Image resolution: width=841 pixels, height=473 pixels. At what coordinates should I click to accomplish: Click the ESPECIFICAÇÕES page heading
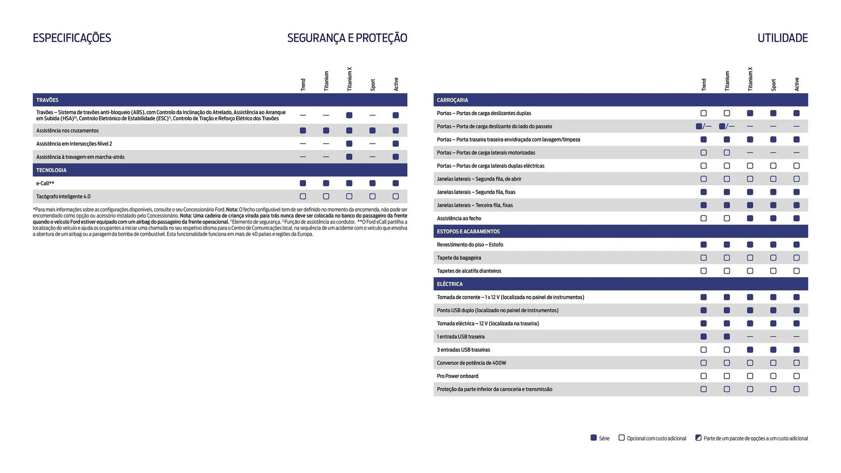(72, 38)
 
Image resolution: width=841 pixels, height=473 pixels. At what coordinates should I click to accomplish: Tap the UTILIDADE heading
(782, 38)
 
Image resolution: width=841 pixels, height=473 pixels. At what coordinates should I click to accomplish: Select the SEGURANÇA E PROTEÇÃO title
(347, 38)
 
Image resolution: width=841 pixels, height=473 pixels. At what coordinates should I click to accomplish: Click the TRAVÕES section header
(47, 100)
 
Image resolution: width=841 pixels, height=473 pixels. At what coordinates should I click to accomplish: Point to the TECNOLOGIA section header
(51, 170)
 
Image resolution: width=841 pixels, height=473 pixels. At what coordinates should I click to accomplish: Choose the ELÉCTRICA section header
(449, 284)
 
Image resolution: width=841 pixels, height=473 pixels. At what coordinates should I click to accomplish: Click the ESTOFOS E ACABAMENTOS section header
(468, 231)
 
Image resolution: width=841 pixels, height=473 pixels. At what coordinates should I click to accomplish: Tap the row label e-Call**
(45, 183)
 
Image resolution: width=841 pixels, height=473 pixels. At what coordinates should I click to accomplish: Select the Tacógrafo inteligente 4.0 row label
(64, 196)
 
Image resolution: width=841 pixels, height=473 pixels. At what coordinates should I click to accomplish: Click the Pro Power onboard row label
(457, 376)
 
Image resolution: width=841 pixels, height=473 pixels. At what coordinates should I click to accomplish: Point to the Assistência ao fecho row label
(459, 218)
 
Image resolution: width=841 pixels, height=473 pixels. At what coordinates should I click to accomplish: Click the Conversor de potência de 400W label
(471, 363)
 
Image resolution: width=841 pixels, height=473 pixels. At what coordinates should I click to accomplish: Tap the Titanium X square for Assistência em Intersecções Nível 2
(349, 144)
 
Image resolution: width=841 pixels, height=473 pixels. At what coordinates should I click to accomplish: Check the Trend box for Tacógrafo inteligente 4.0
(303, 196)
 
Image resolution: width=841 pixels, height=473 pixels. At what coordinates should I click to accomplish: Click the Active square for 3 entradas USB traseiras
(796, 349)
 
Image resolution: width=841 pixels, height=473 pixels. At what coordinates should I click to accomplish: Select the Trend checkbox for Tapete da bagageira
(703, 258)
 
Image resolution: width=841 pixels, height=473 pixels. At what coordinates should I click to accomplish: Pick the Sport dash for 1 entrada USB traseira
(773, 336)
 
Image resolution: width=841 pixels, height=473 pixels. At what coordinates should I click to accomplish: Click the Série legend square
(594, 438)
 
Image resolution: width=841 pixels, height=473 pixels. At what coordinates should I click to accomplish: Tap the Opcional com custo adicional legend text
(656, 438)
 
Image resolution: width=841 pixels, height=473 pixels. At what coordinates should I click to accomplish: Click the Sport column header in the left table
(373, 85)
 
